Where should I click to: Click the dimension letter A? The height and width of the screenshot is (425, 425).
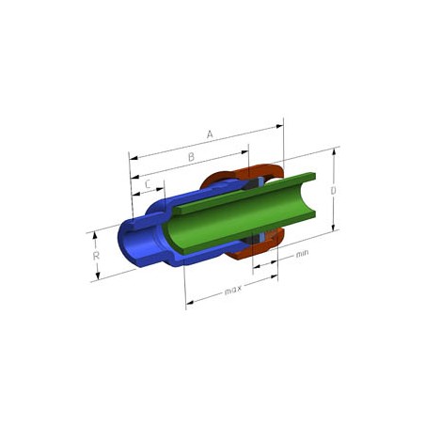pos(210,134)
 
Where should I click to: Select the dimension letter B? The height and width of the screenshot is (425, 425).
pos(191,157)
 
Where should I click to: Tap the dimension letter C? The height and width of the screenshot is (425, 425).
pos(149,184)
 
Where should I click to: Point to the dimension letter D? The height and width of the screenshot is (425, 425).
pos(334,190)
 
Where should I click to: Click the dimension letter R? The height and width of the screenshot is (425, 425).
pos(96,256)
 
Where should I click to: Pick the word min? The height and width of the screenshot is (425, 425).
pos(302,254)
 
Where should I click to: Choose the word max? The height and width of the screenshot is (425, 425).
pos(233,291)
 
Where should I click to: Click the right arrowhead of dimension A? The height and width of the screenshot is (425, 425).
pos(279,126)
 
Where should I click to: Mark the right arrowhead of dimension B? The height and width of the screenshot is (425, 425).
pos(244,152)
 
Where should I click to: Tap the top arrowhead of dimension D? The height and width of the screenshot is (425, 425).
pos(334,151)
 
